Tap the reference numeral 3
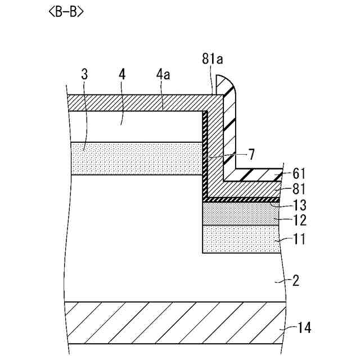pyautogui.click(x=84, y=73)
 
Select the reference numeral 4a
pyautogui.click(x=163, y=73)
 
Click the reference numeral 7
pyautogui.click(x=251, y=153)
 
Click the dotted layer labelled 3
pyautogui.click(x=135, y=159)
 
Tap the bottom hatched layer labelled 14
pyautogui.click(x=169, y=323)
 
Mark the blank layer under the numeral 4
pyautogui.click(x=135, y=126)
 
